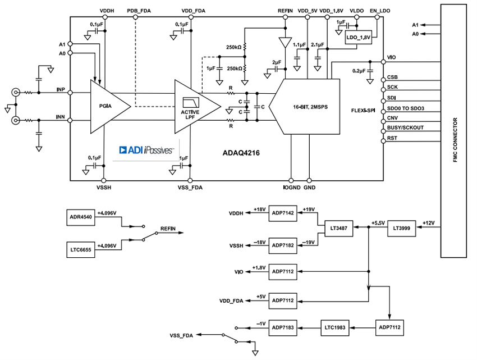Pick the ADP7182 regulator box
282,245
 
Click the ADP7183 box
282,326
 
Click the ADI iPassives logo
146,150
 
